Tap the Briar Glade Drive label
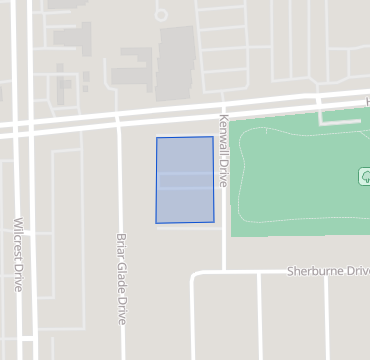point(121,279)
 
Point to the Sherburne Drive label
point(328,271)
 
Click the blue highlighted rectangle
point(185,180)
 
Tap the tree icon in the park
point(365,176)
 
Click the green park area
point(300,180)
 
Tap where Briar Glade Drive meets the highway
point(119,118)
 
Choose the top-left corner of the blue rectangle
point(157,138)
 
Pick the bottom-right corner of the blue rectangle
point(214,221)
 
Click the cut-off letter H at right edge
point(366,102)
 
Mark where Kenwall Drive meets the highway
point(222,108)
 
